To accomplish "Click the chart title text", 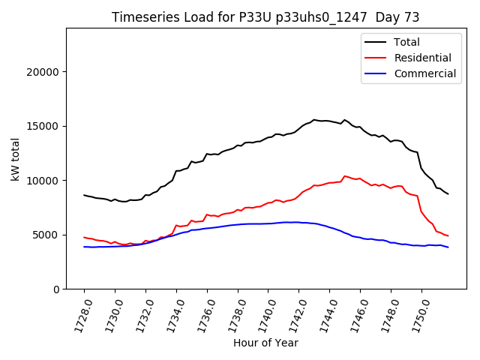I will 265,17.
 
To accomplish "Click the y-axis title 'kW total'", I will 16,158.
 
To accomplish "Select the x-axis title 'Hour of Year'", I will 265,343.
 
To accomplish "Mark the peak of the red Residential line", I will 345,176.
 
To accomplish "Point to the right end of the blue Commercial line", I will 448,247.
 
